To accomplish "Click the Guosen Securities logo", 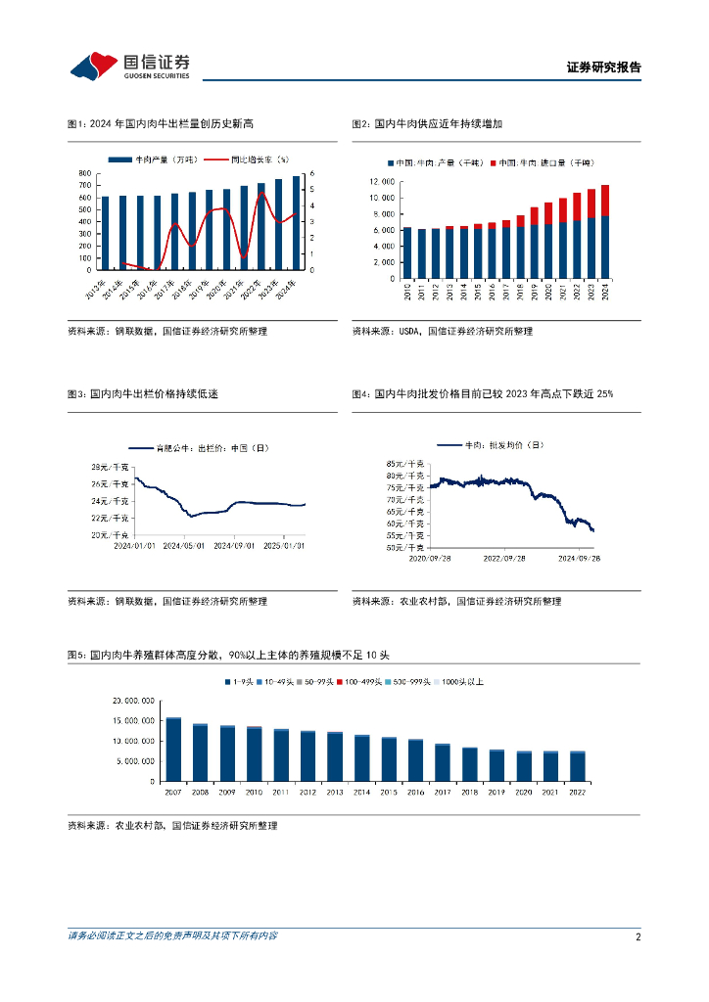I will click(129, 67).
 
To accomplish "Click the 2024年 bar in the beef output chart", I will click(296, 223).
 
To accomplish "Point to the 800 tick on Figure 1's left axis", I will click(85, 173).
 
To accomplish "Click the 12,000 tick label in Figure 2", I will click(382, 182).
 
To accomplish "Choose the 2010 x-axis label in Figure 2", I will click(407, 291).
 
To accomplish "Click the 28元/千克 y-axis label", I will click(110, 466).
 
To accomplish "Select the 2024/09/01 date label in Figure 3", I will click(235, 546).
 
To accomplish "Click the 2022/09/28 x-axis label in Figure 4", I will click(505, 558).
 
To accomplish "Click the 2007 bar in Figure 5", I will click(173, 750).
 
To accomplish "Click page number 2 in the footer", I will click(638, 936).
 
